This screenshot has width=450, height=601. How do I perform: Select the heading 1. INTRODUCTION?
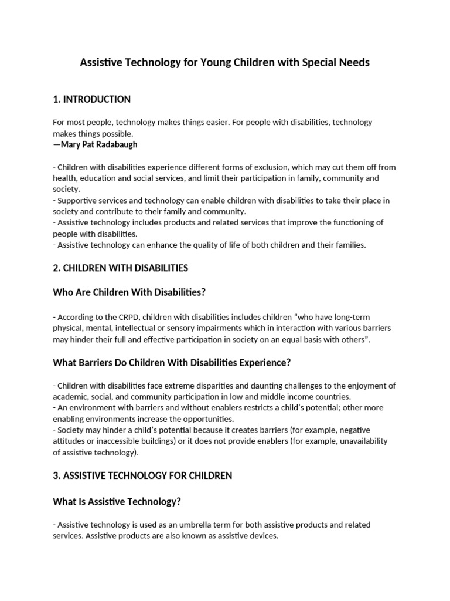coord(91,99)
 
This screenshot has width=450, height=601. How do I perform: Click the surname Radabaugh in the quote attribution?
coord(115,144)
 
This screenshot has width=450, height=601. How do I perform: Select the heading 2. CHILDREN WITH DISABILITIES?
coord(120,268)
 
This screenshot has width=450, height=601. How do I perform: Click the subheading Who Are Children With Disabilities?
coord(129,292)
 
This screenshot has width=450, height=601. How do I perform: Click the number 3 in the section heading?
coord(55,475)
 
